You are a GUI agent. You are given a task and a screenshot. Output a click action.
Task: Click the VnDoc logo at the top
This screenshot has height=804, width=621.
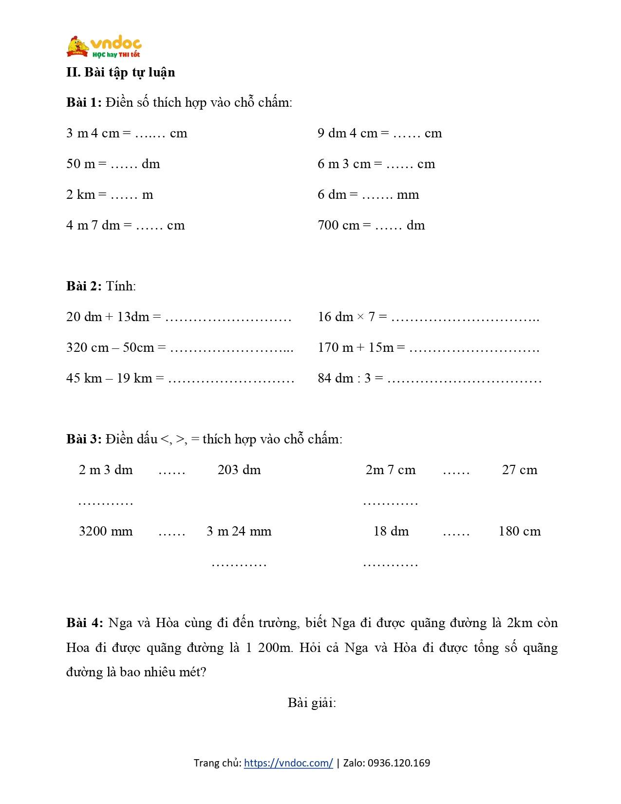pos(104,47)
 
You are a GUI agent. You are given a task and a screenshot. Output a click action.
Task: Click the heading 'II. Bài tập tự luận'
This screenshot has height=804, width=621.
pos(120,72)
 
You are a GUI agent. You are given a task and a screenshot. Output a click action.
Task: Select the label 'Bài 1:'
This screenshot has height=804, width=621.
pos(84,102)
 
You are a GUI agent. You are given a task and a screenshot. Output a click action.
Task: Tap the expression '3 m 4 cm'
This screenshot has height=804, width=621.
pos(93,133)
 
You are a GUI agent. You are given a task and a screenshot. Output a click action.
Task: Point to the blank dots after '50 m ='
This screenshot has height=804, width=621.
pos(124,164)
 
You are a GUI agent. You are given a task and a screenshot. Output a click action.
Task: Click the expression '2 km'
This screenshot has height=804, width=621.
pos(80,194)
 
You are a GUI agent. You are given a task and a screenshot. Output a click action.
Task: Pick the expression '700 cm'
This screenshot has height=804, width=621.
pos(338,225)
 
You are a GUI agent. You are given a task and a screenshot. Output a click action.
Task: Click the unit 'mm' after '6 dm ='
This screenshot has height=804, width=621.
pos(408,194)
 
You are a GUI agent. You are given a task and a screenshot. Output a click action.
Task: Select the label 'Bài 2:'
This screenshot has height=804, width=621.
pos(84,286)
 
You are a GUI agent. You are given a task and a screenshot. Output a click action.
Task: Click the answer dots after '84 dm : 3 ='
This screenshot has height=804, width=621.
pos(464,379)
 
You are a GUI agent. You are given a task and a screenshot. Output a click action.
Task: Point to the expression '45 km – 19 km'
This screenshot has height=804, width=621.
pos(109,378)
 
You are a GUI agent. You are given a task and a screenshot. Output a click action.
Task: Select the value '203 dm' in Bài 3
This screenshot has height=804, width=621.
pos(239,470)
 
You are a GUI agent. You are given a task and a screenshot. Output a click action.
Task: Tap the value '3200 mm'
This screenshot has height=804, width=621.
pos(106,531)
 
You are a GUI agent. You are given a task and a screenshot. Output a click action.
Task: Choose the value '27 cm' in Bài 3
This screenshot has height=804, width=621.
pos(519,470)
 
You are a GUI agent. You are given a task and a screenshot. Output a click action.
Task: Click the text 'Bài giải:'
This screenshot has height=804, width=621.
pos(312,703)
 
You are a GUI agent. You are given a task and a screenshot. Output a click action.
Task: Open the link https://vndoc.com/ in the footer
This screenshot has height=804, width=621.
pos(288,763)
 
